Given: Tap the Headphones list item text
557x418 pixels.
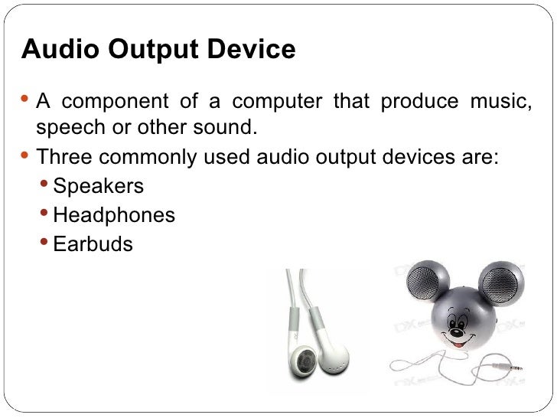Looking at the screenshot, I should pos(114,215).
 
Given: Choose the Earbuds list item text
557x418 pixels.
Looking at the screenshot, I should pos(93,245).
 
